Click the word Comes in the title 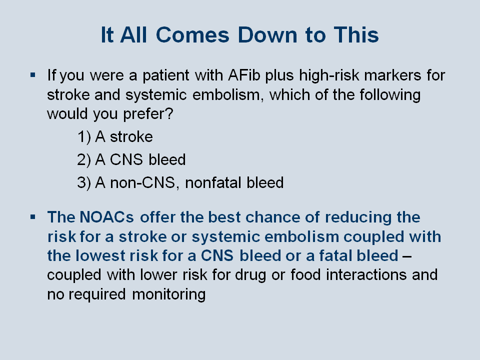(x=192, y=35)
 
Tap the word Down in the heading (x=267, y=35)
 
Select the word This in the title (x=356, y=35)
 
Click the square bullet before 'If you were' (x=33, y=74)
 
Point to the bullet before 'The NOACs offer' (x=33, y=217)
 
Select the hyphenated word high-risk (x=329, y=76)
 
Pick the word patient (x=166, y=76)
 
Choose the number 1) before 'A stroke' (x=84, y=136)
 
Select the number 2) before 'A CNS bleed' (x=84, y=159)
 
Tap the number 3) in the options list (x=84, y=182)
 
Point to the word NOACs (x=106, y=217)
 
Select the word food (x=305, y=274)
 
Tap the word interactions (x=366, y=274)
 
